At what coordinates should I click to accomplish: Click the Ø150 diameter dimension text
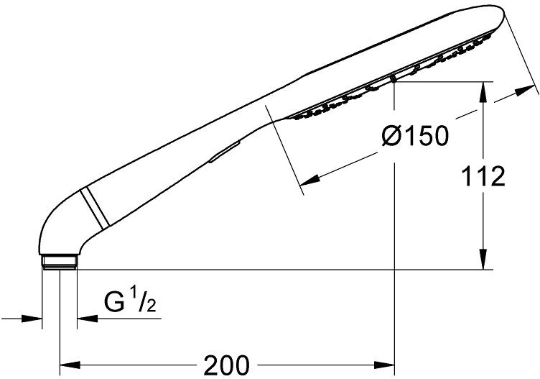[x=415, y=134]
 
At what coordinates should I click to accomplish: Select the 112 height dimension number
[x=483, y=176]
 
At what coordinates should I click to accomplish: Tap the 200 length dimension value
[x=226, y=365]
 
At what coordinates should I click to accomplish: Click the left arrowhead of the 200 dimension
[x=70, y=365]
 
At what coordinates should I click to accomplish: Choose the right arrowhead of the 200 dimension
[x=384, y=365]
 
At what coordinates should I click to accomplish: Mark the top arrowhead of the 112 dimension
[x=483, y=92]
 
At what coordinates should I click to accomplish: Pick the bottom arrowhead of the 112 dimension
[x=483, y=260]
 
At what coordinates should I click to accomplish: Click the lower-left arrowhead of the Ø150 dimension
[x=309, y=180]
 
